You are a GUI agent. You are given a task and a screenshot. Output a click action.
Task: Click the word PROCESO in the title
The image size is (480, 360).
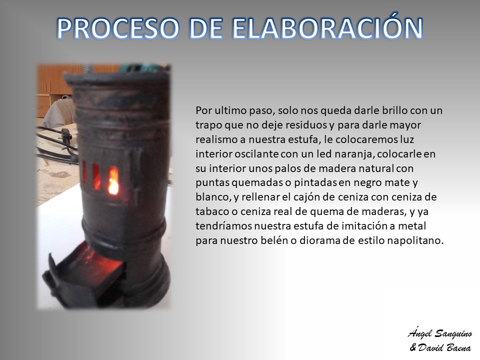117,28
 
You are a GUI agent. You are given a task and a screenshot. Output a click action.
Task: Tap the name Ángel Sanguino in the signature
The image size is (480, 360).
439,333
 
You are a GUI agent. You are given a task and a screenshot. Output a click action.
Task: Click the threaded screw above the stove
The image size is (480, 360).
87,69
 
